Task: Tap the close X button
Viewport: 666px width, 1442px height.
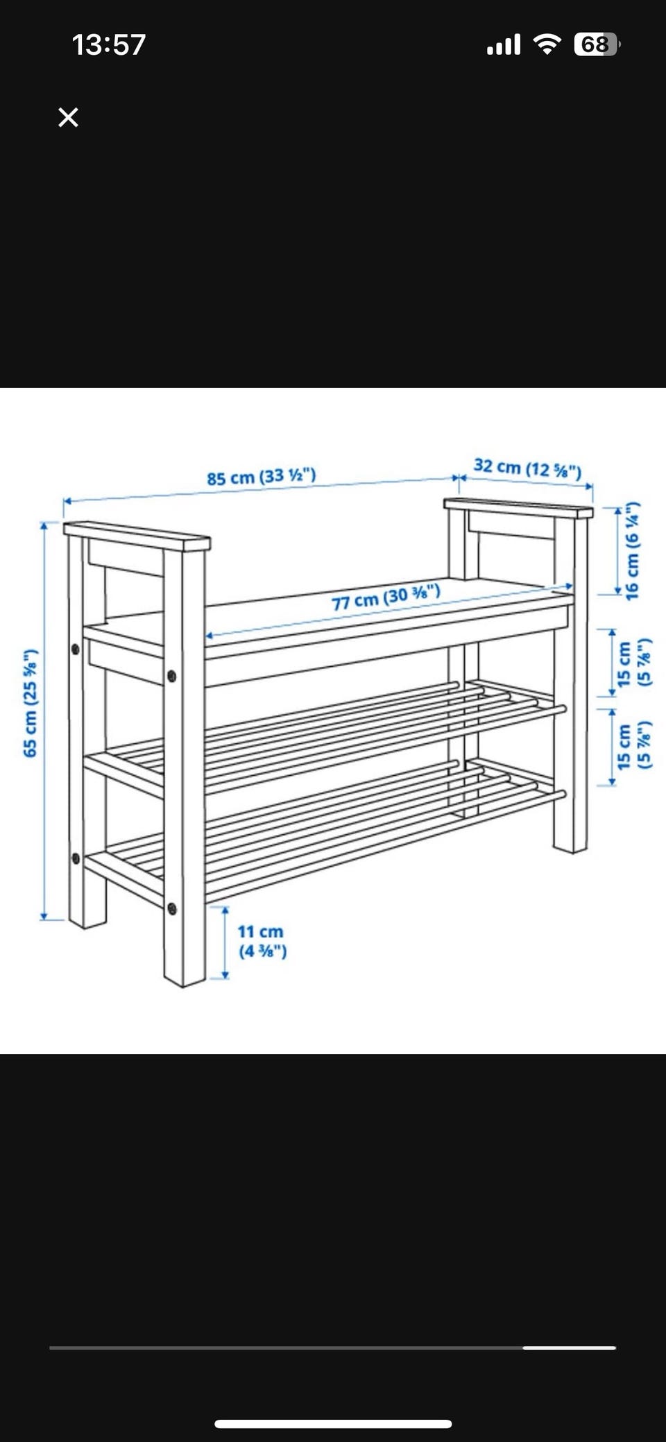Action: pos(68,117)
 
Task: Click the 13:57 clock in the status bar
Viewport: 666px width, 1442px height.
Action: pos(109,45)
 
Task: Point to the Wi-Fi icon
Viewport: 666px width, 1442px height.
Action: pos(547,44)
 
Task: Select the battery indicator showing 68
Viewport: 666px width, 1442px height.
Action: pos(597,44)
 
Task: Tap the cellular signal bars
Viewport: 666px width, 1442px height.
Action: pos(504,45)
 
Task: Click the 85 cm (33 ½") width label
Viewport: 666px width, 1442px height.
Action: pos(262,477)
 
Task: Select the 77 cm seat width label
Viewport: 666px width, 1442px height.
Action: pos(386,597)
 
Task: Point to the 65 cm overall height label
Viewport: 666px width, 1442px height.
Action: pos(30,703)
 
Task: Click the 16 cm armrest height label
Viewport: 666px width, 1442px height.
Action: pos(631,551)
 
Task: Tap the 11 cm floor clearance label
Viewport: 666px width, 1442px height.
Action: pos(262,941)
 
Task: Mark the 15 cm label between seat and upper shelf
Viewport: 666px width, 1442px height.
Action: pos(633,663)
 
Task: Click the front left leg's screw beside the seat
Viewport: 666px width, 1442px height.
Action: pos(171,675)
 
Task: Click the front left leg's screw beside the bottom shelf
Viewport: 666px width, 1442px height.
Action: pos(171,908)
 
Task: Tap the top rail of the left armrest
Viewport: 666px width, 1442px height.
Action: pos(137,536)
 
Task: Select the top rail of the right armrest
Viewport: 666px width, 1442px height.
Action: pos(518,509)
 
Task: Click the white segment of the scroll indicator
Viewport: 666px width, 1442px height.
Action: pos(570,1348)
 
